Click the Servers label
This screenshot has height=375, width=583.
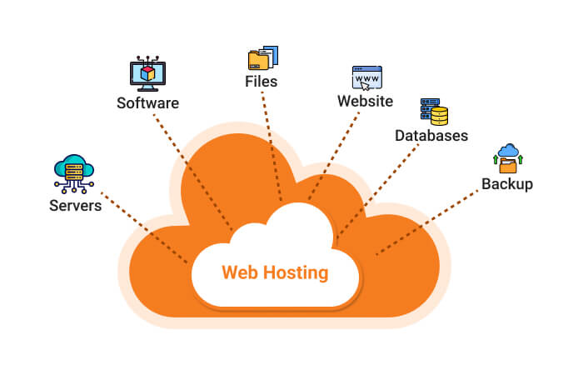(75, 205)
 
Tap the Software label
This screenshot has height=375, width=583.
(147, 103)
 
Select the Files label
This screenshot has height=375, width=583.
(261, 82)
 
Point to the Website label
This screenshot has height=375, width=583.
(365, 101)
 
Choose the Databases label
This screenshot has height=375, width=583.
(431, 135)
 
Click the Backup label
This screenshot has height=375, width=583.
(506, 183)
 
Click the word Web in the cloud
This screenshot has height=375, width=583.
(237, 272)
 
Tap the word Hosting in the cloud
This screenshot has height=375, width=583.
(292, 273)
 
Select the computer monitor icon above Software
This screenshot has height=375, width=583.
(147, 73)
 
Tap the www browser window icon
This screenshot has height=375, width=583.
(366, 77)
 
